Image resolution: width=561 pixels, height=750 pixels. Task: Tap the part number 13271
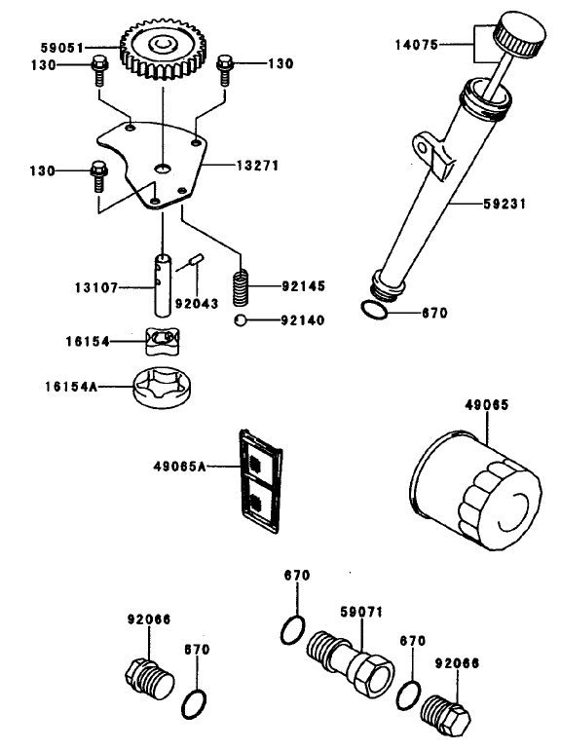257,167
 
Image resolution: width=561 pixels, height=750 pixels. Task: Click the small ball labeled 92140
240,320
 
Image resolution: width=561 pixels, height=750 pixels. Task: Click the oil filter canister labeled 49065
473,481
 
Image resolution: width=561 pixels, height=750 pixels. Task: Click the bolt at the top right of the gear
224,66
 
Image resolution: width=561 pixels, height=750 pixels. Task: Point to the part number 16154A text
69,387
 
